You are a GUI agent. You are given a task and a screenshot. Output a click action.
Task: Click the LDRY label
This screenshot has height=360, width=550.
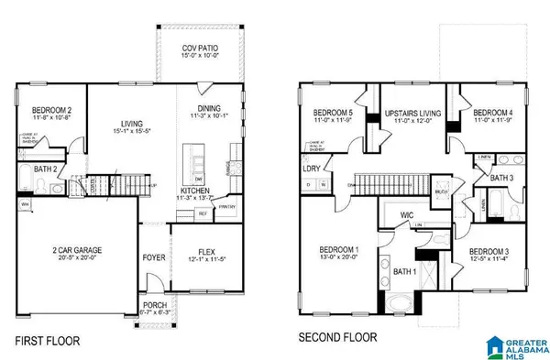313,168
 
